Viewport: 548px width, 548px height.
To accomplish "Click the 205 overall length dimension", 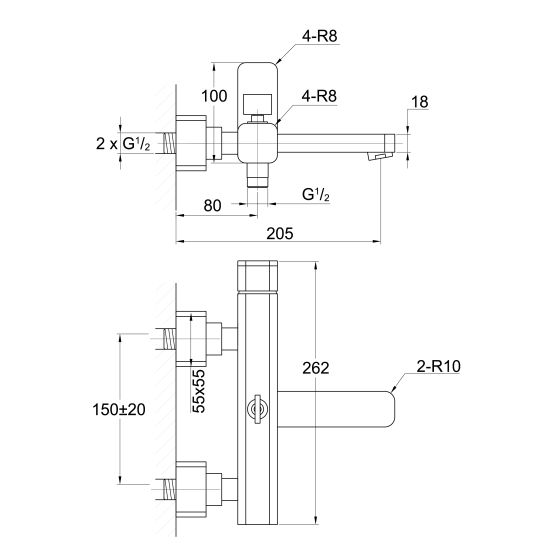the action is point(280,233).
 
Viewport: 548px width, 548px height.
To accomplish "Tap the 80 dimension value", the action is point(212,206).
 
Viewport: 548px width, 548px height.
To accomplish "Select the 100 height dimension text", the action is point(214,96).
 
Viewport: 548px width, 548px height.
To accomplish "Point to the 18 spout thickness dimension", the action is point(419,102).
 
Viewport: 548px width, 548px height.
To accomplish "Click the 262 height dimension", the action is point(316,368).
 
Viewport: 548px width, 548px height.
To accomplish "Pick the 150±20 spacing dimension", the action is point(119,409).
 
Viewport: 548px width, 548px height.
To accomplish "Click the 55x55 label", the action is point(199,391).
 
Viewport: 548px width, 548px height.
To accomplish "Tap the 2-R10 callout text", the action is point(439,366).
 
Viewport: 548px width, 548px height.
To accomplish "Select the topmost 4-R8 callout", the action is point(320,36).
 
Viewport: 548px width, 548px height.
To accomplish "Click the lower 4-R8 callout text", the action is point(319,96).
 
